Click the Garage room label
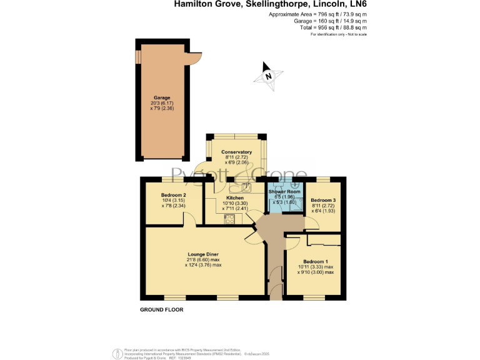162,98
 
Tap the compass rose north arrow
267,74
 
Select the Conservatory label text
236,152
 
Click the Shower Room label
284,192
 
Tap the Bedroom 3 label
324,201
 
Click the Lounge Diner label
203,254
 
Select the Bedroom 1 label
316,261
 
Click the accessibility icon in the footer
117,353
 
